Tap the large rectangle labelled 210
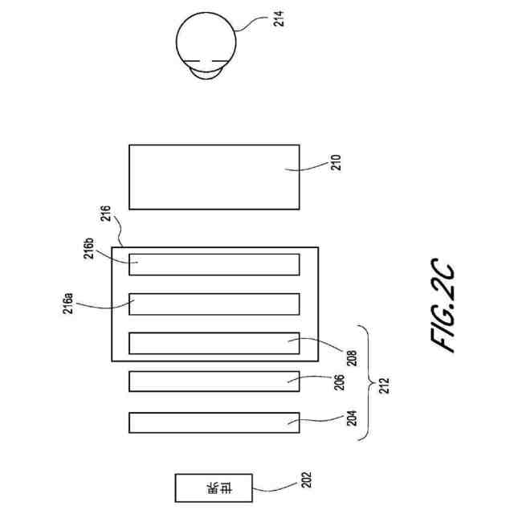[x=214, y=177]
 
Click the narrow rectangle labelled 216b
[x=214, y=263]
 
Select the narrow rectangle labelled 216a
[x=214, y=304]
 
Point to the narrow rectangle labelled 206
[x=214, y=381]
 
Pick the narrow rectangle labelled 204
[x=214, y=422]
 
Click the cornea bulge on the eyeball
[x=206, y=73]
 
